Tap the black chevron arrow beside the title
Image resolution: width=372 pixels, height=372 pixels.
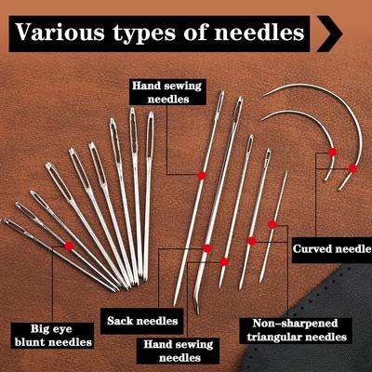[330, 33]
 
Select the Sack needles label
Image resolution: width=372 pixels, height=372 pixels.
[142, 321]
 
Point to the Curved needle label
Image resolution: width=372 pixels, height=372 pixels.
[332, 249]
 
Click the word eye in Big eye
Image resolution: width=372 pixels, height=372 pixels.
[62, 329]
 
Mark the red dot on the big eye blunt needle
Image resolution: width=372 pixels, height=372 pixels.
[69, 246]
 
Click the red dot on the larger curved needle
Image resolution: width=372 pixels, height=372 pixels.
[352, 168]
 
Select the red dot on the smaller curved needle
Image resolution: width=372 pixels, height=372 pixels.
[332, 153]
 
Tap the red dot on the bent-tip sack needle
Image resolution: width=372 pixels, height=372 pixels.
[207, 248]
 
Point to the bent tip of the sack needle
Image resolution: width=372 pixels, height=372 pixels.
[197, 312]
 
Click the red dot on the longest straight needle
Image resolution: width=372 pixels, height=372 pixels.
[202, 175]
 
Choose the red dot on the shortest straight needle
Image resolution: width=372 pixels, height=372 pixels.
[272, 224]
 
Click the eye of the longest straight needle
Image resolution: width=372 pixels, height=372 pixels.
[220, 101]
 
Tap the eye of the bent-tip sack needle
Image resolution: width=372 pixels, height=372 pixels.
[238, 109]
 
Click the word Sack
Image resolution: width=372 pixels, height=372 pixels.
[120, 321]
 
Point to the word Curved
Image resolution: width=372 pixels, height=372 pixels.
[309, 249]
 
